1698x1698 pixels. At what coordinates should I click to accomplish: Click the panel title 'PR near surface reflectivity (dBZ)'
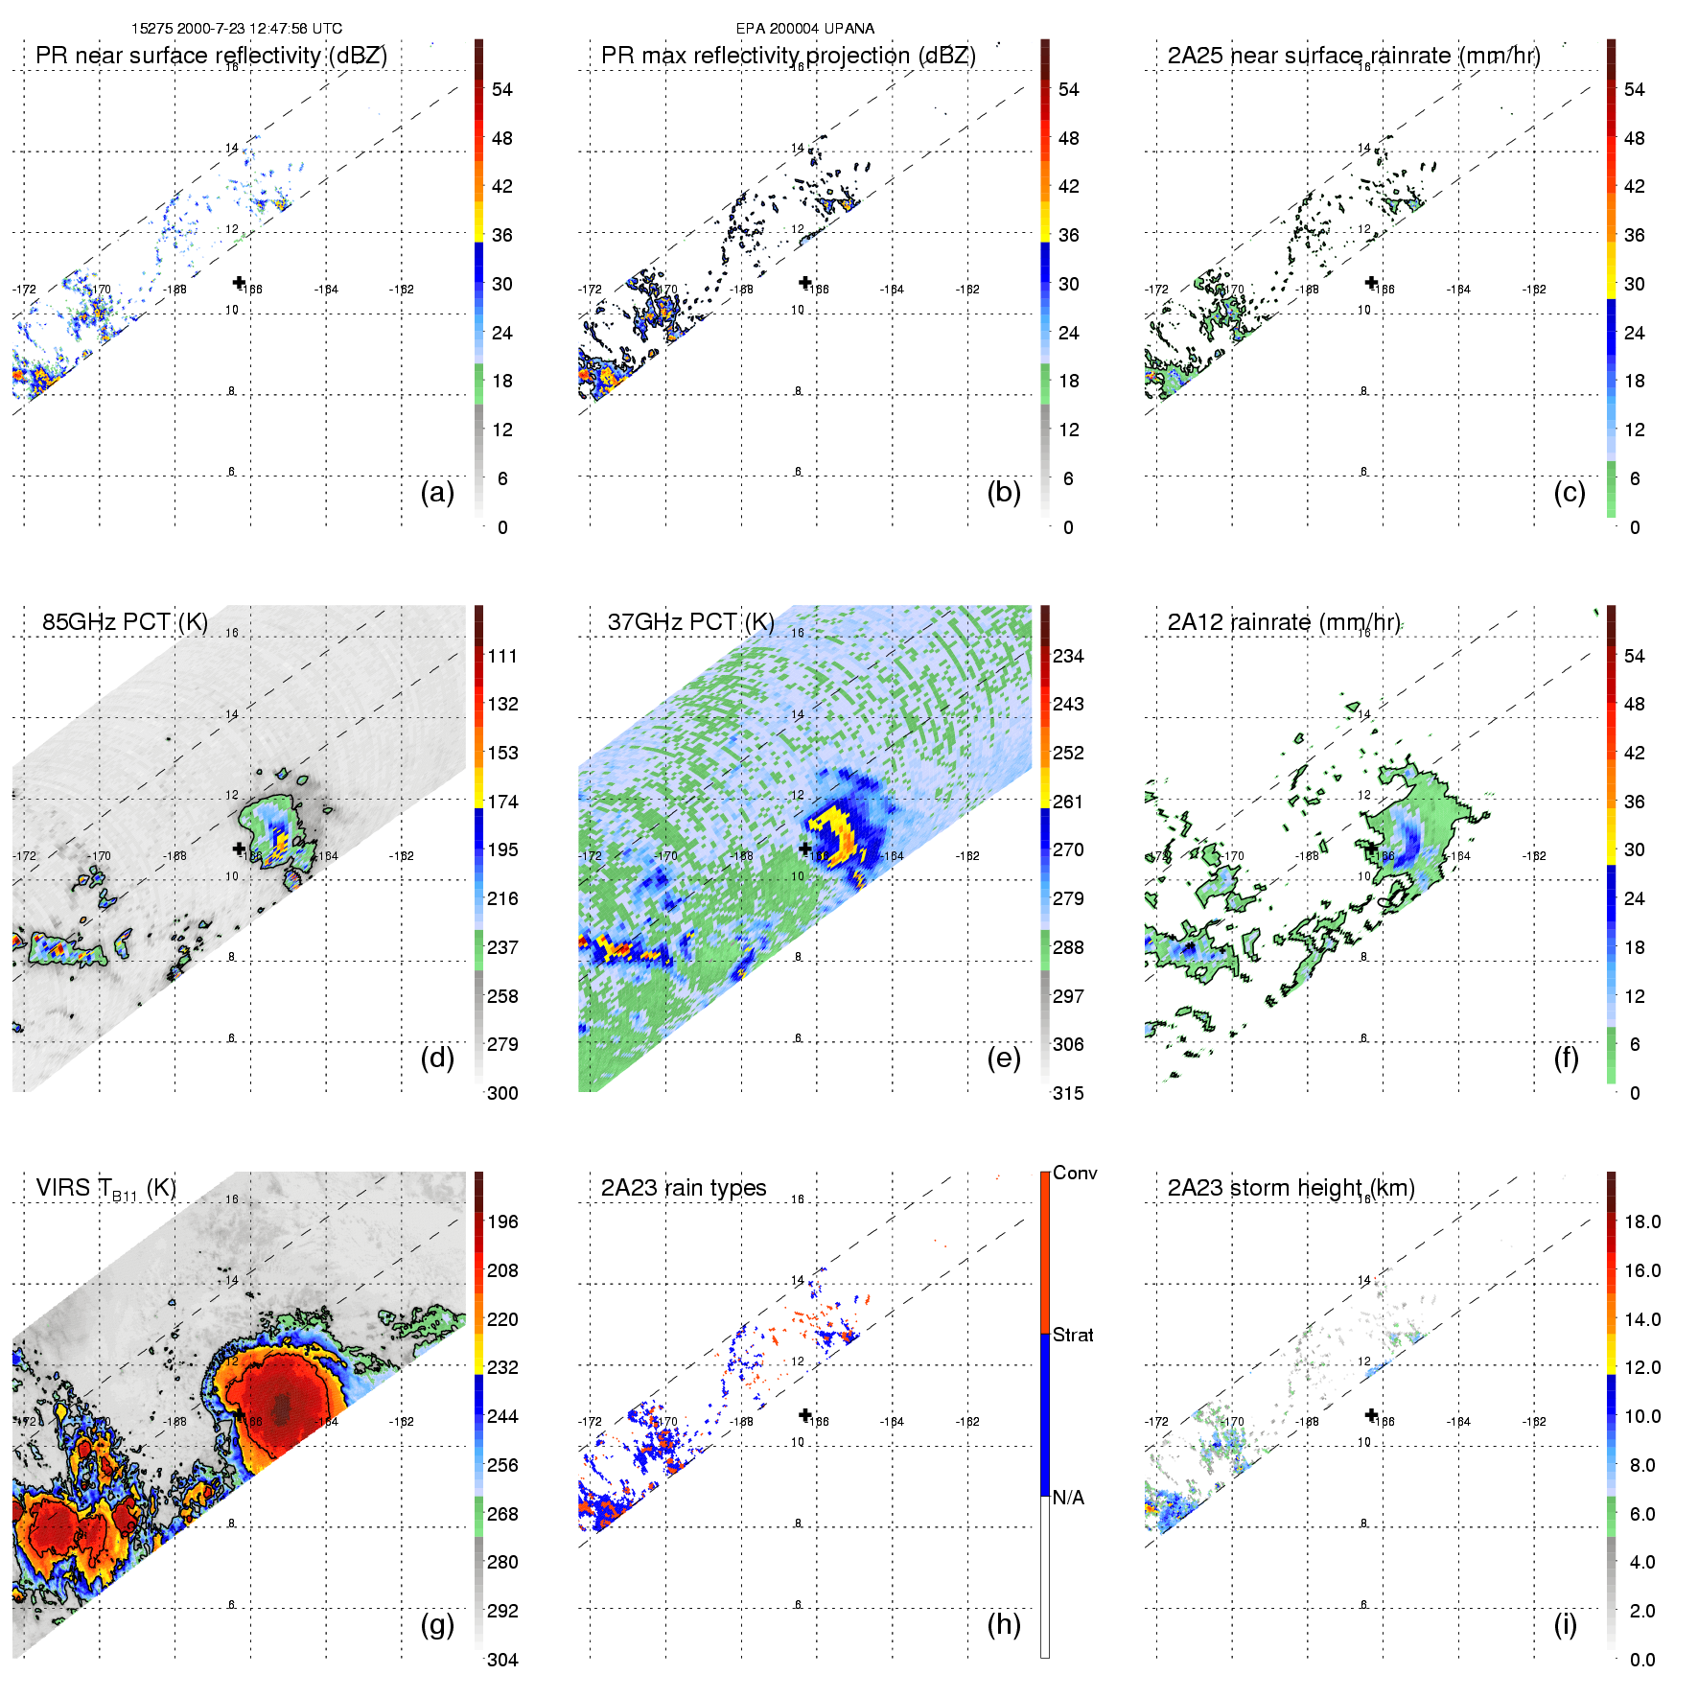click(x=211, y=56)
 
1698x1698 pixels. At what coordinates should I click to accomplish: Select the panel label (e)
click(x=1003, y=1058)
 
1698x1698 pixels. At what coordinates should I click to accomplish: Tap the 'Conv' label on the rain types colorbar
click(x=1074, y=1173)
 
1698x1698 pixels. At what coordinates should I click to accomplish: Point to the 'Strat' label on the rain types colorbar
click(x=1073, y=1335)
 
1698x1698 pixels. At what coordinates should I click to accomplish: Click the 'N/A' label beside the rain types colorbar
click(x=1068, y=1498)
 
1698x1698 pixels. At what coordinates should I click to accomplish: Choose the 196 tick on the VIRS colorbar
click(x=502, y=1221)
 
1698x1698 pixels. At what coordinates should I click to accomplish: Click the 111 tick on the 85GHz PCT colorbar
click(x=502, y=656)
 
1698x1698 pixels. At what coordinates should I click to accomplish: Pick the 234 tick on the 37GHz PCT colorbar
click(x=1068, y=656)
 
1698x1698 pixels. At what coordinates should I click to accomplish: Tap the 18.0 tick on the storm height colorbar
click(x=1641, y=1221)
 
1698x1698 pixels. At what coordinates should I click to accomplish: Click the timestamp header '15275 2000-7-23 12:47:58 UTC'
click(x=237, y=29)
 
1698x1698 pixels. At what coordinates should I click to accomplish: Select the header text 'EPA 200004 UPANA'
click(x=804, y=29)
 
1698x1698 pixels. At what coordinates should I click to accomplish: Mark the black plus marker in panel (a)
click(x=239, y=282)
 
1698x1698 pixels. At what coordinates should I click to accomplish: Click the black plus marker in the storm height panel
click(x=1371, y=1414)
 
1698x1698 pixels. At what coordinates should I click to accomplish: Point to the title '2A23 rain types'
click(x=683, y=1188)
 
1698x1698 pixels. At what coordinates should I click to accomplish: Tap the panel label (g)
click(x=437, y=1624)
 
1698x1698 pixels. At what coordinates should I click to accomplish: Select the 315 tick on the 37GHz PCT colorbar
click(x=1068, y=1093)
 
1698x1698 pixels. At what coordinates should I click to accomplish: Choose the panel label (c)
click(x=1569, y=492)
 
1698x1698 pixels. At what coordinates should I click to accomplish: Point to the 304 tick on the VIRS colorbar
click(x=502, y=1660)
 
